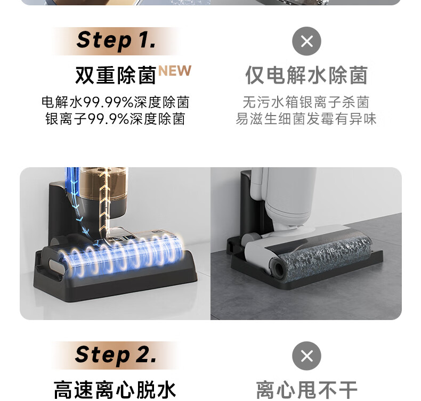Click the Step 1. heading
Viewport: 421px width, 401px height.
pyautogui.click(x=116, y=40)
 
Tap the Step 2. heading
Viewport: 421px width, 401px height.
pyautogui.click(x=116, y=355)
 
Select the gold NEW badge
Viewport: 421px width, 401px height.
pyautogui.click(x=175, y=71)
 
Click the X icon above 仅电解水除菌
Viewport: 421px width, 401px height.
pyautogui.click(x=306, y=41)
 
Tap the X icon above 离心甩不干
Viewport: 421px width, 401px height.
pyautogui.click(x=306, y=356)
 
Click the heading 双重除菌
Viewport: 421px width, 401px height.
pyautogui.click(x=116, y=76)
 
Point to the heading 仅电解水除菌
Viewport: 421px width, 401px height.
pyautogui.click(x=306, y=76)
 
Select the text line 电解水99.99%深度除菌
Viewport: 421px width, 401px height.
pyautogui.click(x=116, y=102)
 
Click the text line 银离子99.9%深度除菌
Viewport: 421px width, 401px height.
pyautogui.click(x=116, y=119)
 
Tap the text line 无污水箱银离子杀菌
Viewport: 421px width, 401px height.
pyautogui.click(x=306, y=102)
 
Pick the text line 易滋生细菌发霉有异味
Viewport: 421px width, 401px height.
pyautogui.click(x=306, y=119)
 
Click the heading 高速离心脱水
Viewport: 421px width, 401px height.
pyautogui.click(x=115, y=390)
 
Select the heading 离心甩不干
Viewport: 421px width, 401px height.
pyautogui.click(x=306, y=390)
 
